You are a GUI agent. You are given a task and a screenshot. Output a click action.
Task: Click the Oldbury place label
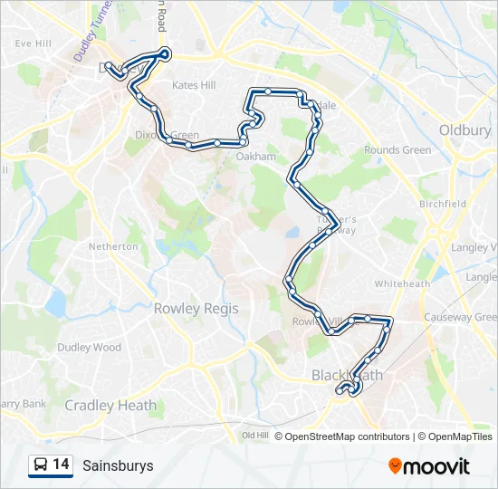tap(464, 130)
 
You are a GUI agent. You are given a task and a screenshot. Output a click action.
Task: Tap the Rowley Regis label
tap(196, 309)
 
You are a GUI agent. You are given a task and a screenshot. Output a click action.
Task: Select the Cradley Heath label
tap(110, 406)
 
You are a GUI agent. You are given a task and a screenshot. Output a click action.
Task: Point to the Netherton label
tap(114, 246)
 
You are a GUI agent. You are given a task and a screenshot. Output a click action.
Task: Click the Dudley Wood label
tap(89, 348)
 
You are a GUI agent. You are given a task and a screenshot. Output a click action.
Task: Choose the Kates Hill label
tap(194, 85)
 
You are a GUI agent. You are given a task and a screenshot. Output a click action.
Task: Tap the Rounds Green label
tap(397, 150)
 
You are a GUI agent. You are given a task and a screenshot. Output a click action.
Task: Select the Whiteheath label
tap(402, 283)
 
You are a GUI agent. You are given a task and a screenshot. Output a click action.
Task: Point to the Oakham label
tap(255, 157)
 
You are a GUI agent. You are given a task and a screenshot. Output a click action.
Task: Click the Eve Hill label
tap(33, 43)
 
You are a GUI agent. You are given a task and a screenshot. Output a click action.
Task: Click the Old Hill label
tap(255, 436)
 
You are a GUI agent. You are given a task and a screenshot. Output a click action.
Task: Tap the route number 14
tap(62, 465)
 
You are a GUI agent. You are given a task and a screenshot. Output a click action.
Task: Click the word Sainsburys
tap(118, 466)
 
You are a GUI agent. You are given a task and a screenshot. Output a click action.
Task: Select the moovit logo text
tap(436, 466)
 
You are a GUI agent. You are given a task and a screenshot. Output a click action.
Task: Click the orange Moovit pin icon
tap(395, 465)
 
